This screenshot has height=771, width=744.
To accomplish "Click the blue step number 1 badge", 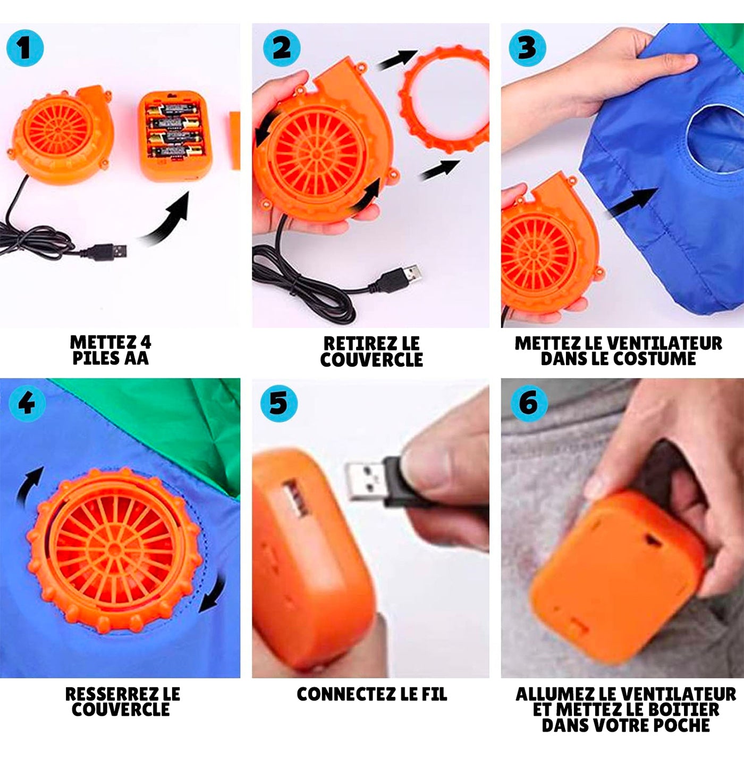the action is (25, 48).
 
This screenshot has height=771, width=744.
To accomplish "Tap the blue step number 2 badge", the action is (282, 48).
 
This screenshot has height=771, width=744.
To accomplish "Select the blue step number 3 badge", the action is (527, 48).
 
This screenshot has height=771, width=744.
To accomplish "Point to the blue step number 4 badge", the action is (27, 404).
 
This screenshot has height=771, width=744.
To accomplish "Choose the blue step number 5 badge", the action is (279, 404).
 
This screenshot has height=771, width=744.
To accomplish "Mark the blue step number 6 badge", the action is (529, 404).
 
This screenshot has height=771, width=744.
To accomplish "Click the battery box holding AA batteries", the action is (175, 135).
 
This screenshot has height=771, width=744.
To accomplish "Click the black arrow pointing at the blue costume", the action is (633, 203).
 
